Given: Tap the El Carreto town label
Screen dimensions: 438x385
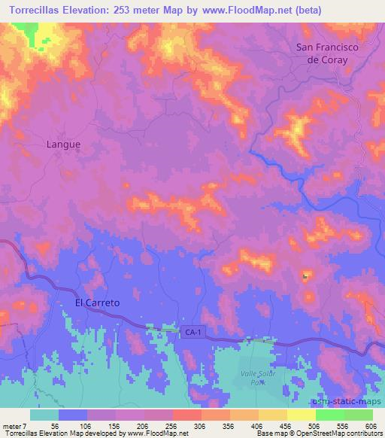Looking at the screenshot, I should [98, 302].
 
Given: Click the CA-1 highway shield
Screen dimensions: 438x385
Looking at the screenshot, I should [191, 331].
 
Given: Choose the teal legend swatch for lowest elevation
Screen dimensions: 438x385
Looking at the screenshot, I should [44, 415].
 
